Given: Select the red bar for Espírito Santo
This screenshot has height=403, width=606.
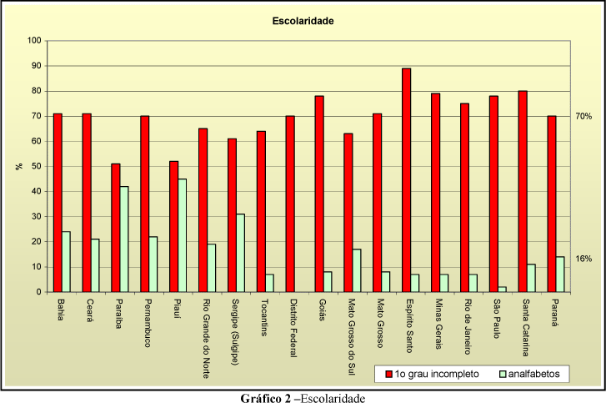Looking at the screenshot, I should pos(407,180).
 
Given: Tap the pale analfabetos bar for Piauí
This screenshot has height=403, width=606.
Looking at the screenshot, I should pos(182,235).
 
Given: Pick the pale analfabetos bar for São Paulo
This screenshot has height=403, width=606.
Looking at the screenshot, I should pos(502,290).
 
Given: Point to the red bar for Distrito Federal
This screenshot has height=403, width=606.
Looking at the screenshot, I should pos(290,204).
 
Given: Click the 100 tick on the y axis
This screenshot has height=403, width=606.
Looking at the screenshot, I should pos(34,40).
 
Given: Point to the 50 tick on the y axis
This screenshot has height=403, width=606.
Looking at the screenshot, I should pos(37,166).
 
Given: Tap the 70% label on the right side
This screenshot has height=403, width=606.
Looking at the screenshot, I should pos(583,117).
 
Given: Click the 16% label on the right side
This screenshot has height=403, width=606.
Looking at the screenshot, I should pos(583,259).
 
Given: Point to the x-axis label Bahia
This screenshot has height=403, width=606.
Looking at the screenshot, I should pos(60,310).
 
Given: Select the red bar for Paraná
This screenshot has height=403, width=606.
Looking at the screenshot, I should pos(552,204).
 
